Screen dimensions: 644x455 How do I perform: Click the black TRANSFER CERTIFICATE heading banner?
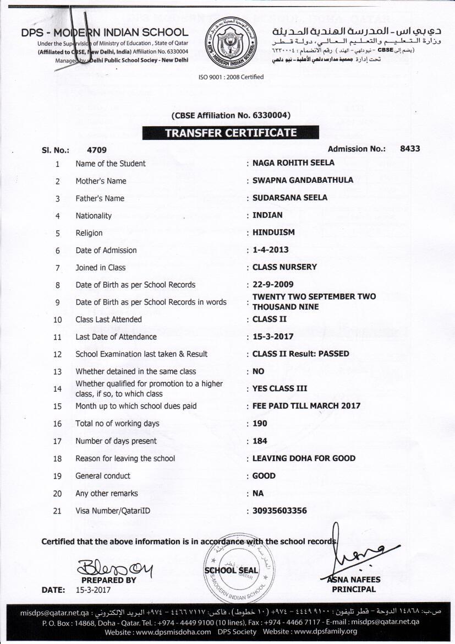click(x=231, y=133)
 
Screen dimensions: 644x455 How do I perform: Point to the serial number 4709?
click(x=97, y=150)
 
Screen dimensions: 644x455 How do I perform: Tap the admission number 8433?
click(x=410, y=149)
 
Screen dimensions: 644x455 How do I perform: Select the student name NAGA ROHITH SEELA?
click(x=293, y=163)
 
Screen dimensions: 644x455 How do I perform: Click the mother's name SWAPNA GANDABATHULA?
click(x=303, y=180)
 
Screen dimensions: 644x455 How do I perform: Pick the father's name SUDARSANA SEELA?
click(x=289, y=198)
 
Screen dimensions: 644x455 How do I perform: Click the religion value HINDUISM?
click(x=273, y=232)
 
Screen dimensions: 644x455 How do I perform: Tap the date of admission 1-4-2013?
click(x=270, y=250)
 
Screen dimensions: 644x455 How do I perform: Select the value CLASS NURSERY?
click(x=284, y=267)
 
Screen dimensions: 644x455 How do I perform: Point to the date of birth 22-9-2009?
click(x=273, y=285)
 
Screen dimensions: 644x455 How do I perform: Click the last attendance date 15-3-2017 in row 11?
click(x=273, y=337)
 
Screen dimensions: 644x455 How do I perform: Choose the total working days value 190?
click(x=260, y=424)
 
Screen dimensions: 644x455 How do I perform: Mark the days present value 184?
click(x=260, y=441)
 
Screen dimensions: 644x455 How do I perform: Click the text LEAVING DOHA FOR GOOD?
click(x=304, y=458)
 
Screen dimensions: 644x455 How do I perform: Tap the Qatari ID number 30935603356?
click(x=279, y=511)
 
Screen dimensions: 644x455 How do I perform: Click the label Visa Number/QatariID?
click(x=113, y=511)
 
